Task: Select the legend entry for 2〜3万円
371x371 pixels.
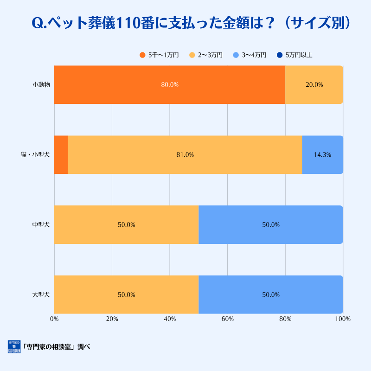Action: [x=206, y=55]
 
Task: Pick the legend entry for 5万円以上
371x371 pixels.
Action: [x=294, y=55]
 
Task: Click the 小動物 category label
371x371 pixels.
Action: [x=41, y=85]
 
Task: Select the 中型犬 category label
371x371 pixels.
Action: [x=41, y=224]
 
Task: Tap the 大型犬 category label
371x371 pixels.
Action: [x=41, y=294]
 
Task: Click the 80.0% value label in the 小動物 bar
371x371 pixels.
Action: [x=170, y=85]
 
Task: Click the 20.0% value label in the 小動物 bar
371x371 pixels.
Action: [x=314, y=85]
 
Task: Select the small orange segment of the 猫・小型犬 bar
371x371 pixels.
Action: [x=61, y=155]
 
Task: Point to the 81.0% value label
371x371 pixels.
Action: [x=185, y=155]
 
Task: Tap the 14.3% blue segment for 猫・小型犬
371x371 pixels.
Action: [x=322, y=155]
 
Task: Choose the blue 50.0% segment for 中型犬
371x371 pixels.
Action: [x=271, y=224]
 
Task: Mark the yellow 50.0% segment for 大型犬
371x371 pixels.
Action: [x=126, y=294]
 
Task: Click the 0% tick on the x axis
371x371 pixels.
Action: [x=54, y=319]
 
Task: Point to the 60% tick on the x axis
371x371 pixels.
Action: [x=227, y=319]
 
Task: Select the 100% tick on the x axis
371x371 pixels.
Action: [x=343, y=319]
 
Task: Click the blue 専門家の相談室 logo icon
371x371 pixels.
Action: [x=14, y=347]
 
